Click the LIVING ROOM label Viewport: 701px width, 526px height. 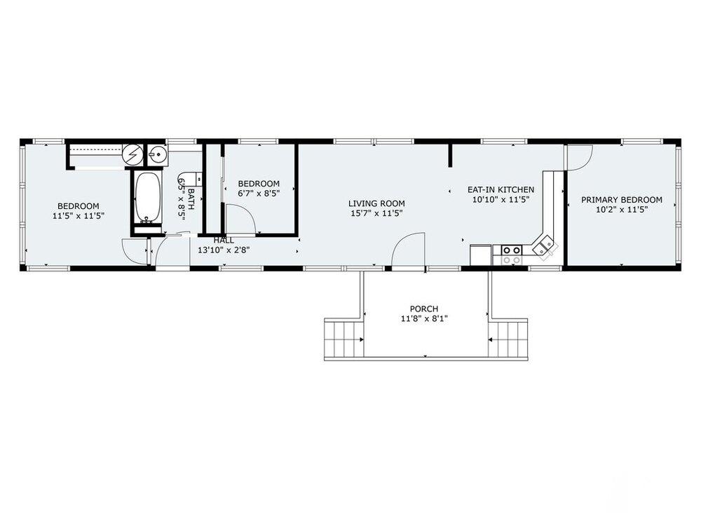tap(376, 203)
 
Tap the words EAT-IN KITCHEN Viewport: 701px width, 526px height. tap(501, 189)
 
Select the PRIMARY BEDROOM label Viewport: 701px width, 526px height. tap(621, 199)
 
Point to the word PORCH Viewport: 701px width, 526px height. tap(424, 309)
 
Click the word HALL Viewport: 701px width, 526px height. tap(224, 240)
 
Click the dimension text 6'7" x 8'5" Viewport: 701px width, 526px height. tap(259, 194)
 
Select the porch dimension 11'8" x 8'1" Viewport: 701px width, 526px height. tap(424, 318)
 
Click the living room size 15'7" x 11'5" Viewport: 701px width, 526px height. tap(376, 213)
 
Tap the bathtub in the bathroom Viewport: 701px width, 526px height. tap(147, 198)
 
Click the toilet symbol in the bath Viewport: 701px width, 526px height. tap(189, 180)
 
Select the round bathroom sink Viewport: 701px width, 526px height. tap(157, 155)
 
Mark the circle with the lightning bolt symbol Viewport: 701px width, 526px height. tap(132, 155)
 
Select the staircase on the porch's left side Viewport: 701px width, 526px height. tap(343, 339)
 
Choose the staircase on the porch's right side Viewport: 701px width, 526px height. tap(508, 339)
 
